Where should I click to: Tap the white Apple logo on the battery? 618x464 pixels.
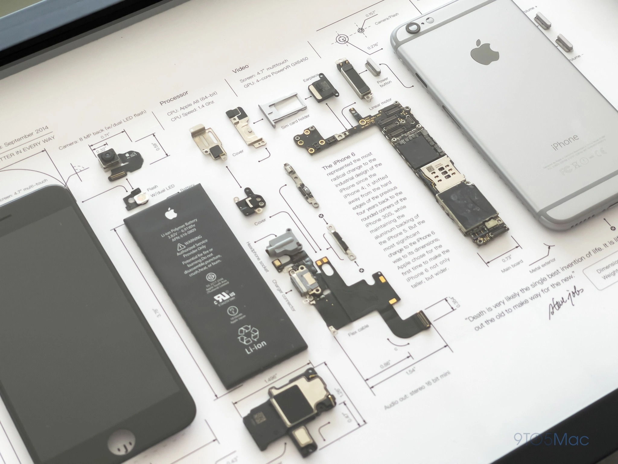click(170, 214)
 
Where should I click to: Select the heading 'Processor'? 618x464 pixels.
click(174, 98)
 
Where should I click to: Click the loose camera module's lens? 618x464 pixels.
click(107, 156)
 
